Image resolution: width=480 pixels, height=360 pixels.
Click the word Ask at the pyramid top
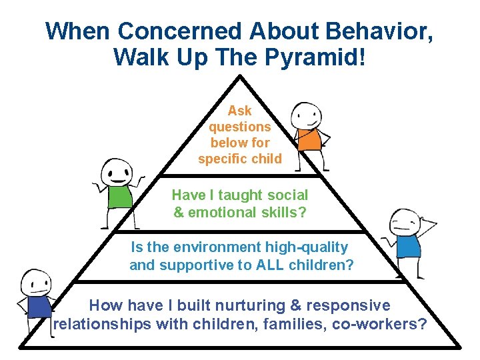pos(239,111)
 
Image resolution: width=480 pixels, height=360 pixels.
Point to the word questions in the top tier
pos(239,127)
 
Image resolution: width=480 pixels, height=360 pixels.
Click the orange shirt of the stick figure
pos(309,138)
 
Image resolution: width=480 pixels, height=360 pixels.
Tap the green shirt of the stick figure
pos(120,196)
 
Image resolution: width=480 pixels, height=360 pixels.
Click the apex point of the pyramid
pos(240,75)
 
